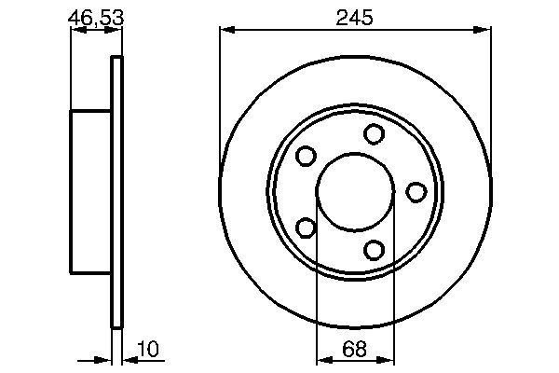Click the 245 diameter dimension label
(355, 18)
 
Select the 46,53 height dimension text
(96, 17)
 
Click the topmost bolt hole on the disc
(375, 134)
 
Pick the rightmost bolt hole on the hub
(416, 192)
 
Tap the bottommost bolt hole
(375, 250)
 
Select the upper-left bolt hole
(307, 157)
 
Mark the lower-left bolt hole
(307, 228)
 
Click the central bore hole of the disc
(355, 192)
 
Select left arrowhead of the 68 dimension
(322, 361)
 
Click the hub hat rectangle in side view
(91, 192)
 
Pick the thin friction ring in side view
(116, 192)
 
